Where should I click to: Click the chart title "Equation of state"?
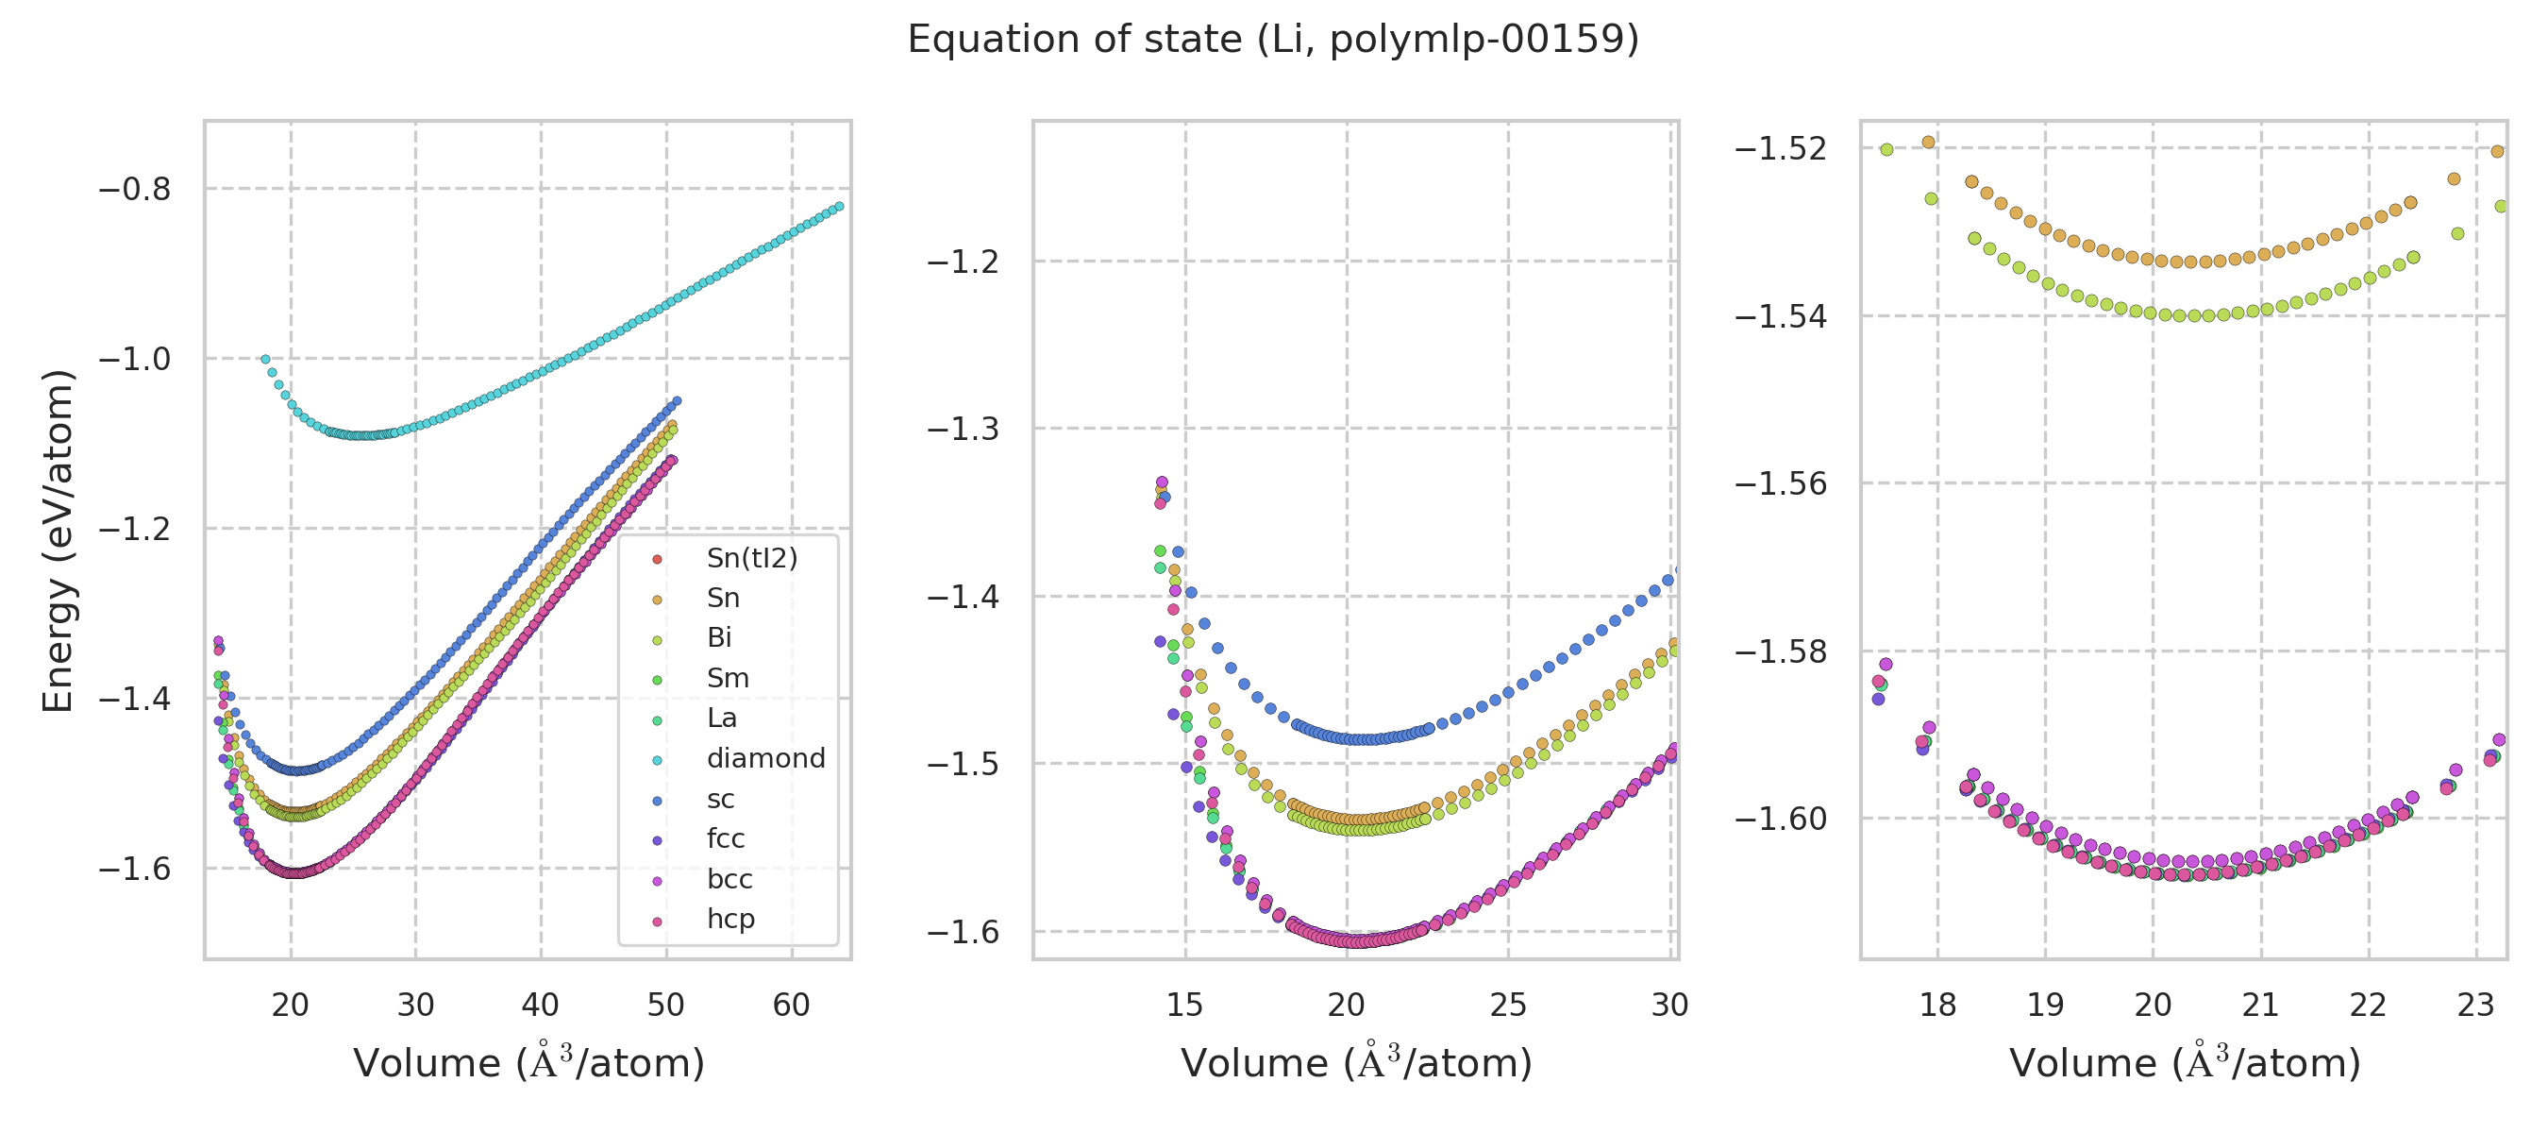[1273, 40]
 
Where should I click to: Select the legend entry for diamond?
[764, 759]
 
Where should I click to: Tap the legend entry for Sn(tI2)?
[751, 559]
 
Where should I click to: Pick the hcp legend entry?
[730, 920]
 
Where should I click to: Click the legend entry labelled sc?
[720, 800]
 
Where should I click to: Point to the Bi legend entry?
[719, 638]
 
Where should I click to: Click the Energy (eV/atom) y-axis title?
[58, 540]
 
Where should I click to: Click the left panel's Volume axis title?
[528, 1064]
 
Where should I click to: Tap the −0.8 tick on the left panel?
[135, 189]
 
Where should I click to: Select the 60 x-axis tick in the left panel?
[792, 1006]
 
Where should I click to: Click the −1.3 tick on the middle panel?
[963, 430]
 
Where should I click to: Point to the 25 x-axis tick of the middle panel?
[1508, 1006]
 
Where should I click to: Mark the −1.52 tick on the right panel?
[1781, 148]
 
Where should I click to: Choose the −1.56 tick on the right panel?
[1781, 483]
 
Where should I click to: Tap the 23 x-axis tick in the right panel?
[2475, 1006]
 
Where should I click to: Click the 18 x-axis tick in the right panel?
[1937, 1006]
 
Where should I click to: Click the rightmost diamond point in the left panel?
[839, 207]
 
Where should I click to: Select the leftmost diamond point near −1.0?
[265, 360]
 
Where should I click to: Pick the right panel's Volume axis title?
[2184, 1064]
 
